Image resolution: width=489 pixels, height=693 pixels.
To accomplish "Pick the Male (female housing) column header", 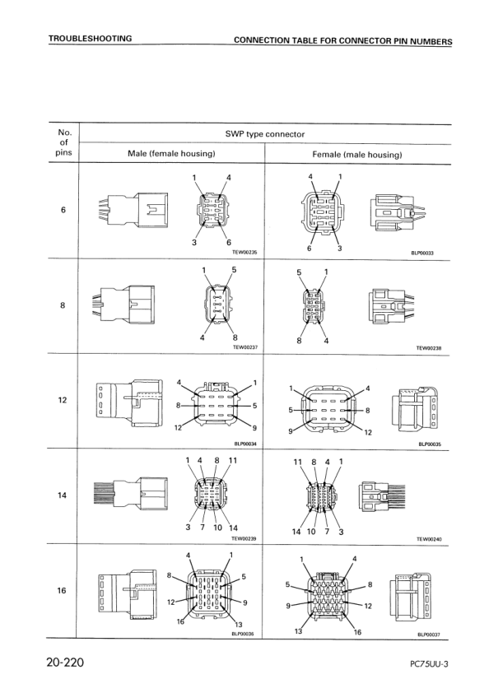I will click(171, 154).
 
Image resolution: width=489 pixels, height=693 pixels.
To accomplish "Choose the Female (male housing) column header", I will click(356, 154).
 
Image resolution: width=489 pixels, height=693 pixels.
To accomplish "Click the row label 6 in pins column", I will click(63, 211).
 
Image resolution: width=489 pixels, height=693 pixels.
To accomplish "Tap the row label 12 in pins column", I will click(63, 401).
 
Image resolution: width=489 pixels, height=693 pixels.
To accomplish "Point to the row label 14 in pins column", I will click(63, 495).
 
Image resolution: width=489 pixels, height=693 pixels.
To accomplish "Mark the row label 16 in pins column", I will click(63, 591).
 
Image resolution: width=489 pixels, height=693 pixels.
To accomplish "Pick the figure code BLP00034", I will click(246, 443).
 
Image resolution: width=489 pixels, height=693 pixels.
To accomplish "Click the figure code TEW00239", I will click(245, 538).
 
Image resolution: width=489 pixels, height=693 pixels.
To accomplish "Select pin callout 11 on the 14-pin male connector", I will click(233, 461).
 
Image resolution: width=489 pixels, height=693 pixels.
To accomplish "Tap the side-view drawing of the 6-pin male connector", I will click(133, 211).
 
